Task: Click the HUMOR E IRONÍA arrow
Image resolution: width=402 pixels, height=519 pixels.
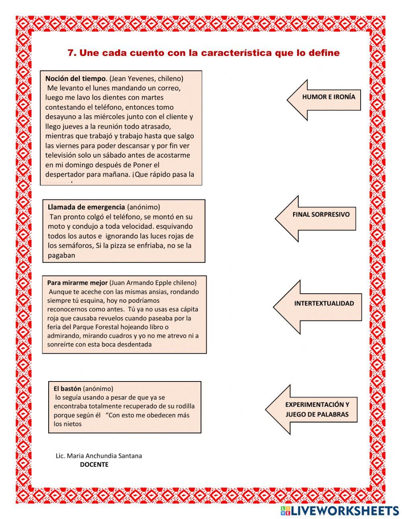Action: point(328,97)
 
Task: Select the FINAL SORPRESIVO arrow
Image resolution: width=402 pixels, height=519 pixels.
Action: point(320,215)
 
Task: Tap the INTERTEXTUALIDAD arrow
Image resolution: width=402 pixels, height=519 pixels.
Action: point(324,304)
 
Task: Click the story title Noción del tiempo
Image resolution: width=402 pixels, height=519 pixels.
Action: point(75,78)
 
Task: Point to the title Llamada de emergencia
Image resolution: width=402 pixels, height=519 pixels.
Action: point(86,207)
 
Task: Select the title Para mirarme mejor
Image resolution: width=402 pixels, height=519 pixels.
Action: point(77,283)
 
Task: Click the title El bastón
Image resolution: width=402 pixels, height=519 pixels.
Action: point(67,389)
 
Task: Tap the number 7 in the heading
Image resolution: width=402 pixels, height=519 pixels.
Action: point(72,53)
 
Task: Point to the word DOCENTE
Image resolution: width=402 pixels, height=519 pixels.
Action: point(94,465)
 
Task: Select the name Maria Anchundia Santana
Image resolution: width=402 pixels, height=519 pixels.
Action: point(104,456)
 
